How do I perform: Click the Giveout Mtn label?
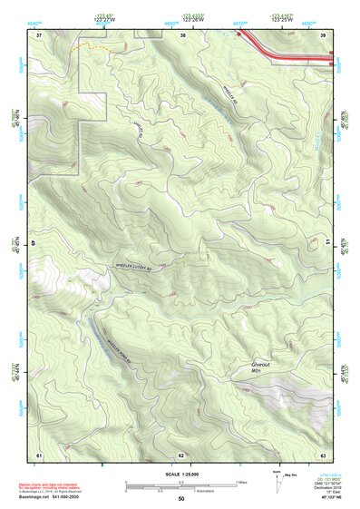click(261, 368)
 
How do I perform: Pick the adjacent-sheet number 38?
click(182, 34)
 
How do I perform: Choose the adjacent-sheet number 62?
click(181, 455)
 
